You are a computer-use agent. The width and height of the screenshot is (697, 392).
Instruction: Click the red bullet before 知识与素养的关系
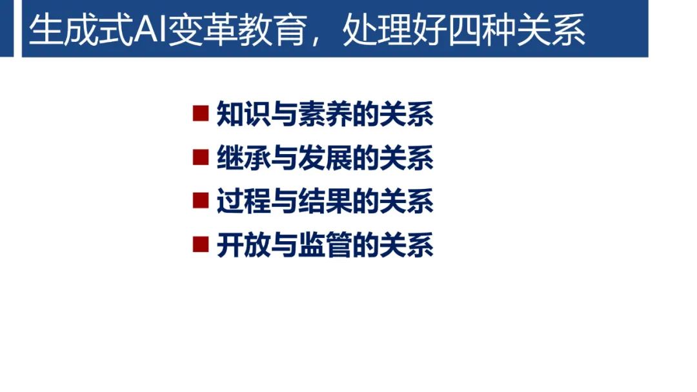(201, 114)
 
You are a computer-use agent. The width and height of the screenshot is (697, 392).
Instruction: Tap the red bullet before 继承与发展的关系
(201, 157)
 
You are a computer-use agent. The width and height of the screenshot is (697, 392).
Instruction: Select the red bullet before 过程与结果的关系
(201, 201)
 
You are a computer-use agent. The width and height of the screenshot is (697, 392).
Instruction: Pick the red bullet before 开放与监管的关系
(201, 244)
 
